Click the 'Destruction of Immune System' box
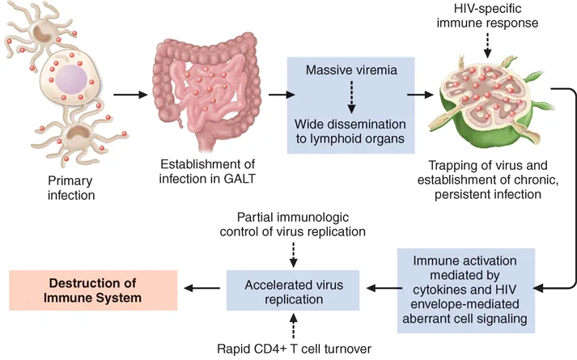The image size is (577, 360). [93, 290]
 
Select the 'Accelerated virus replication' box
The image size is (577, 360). [293, 290]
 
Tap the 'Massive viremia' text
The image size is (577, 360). [351, 70]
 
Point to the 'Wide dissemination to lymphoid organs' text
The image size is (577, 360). [350, 131]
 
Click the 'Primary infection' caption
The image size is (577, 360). [71, 188]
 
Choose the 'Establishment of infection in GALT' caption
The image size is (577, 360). [207, 172]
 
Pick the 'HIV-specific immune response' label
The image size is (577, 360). [488, 15]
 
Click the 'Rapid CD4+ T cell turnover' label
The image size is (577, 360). [294, 348]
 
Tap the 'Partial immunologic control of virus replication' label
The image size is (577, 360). [293, 224]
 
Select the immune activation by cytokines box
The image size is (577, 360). [465, 290]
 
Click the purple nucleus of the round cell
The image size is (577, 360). [71, 79]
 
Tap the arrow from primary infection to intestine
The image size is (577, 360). [130, 95]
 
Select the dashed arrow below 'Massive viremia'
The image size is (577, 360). [351, 97]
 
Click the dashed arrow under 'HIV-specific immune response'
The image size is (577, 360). [488, 45]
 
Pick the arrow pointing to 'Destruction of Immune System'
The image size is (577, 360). [202, 288]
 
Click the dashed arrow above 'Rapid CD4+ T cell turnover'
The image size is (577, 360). [293, 325]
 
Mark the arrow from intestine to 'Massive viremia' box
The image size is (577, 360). [282, 95]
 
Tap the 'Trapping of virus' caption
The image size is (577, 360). [488, 180]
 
